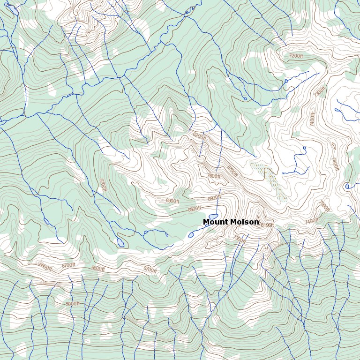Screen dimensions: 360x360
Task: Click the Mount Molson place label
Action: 231,222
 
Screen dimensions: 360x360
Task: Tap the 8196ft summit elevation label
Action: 267,225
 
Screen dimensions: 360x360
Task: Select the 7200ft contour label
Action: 296,56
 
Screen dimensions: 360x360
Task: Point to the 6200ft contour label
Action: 199,136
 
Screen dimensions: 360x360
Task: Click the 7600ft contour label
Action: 214,176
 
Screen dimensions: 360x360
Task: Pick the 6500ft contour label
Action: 194,209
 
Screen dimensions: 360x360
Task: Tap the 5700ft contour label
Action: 103,185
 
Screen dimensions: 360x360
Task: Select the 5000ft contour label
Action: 72,304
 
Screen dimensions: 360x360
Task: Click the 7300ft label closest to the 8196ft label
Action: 239,240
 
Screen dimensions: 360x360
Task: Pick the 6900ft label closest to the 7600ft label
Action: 214,198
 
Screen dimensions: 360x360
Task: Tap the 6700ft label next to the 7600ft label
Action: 232,171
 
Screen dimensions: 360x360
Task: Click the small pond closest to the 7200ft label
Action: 286,81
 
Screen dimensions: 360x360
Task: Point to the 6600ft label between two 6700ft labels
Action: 98,269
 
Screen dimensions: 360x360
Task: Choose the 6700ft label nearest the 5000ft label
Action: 68,265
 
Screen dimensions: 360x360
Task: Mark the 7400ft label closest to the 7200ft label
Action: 312,119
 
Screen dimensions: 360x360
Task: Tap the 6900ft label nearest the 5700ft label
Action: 172,201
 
